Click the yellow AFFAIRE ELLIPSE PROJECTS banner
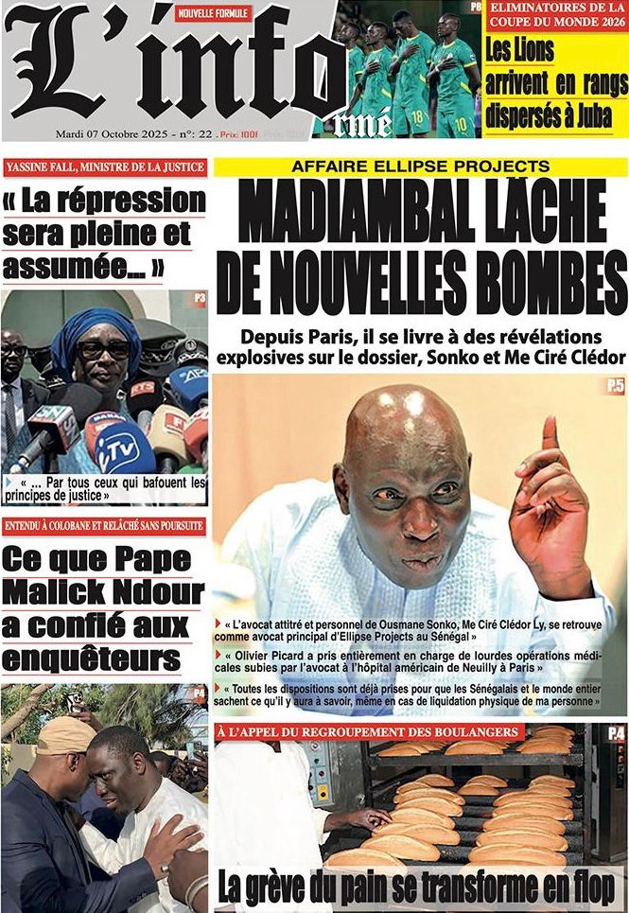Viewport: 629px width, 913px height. [421, 167]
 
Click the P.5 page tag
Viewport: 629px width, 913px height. [615, 385]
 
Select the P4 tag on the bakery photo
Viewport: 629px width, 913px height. [616, 732]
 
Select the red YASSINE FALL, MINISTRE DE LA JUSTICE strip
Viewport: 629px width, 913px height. [105, 167]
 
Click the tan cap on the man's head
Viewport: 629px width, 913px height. [67, 733]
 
